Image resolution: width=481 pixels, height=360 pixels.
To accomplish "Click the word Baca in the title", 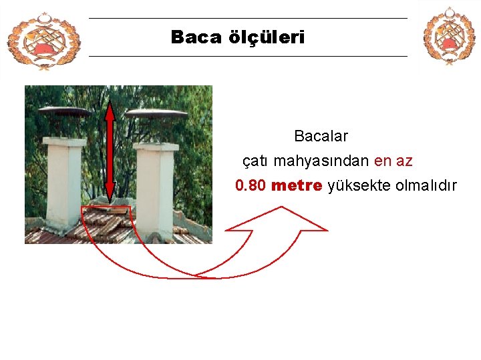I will point(196,37).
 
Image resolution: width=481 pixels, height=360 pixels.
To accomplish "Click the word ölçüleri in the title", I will point(267,37).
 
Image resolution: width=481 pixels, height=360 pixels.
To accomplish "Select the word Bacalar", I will point(321,137).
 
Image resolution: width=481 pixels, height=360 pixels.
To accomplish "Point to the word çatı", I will point(256,161).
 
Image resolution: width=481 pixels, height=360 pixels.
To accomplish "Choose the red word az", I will point(404,161).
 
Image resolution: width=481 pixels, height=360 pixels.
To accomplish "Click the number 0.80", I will point(251,185).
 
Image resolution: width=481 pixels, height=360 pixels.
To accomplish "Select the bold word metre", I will point(297,185).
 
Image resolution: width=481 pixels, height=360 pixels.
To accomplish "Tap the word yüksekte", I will point(359,185).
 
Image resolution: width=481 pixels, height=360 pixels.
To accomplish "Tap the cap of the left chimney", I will point(64,112).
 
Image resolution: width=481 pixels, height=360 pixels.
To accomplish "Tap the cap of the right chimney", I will point(156,114).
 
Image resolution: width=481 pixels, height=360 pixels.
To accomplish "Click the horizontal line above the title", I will point(247,18).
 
